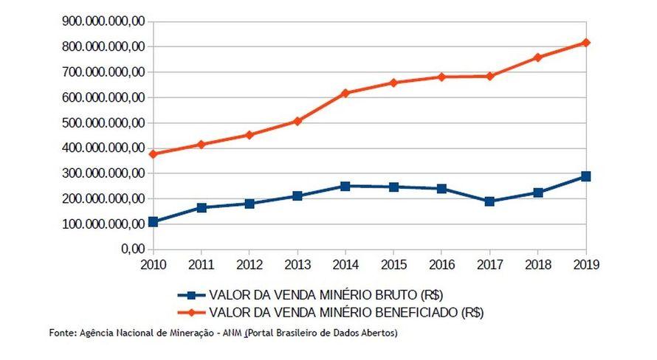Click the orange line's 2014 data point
[345, 93]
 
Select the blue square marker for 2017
[489, 201]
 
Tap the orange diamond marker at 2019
[585, 43]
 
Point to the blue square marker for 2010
[153, 221]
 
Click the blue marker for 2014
[345, 186]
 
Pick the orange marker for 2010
[153, 154]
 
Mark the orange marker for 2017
[489, 76]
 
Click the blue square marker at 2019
[585, 176]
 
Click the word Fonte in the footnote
[62, 333]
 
